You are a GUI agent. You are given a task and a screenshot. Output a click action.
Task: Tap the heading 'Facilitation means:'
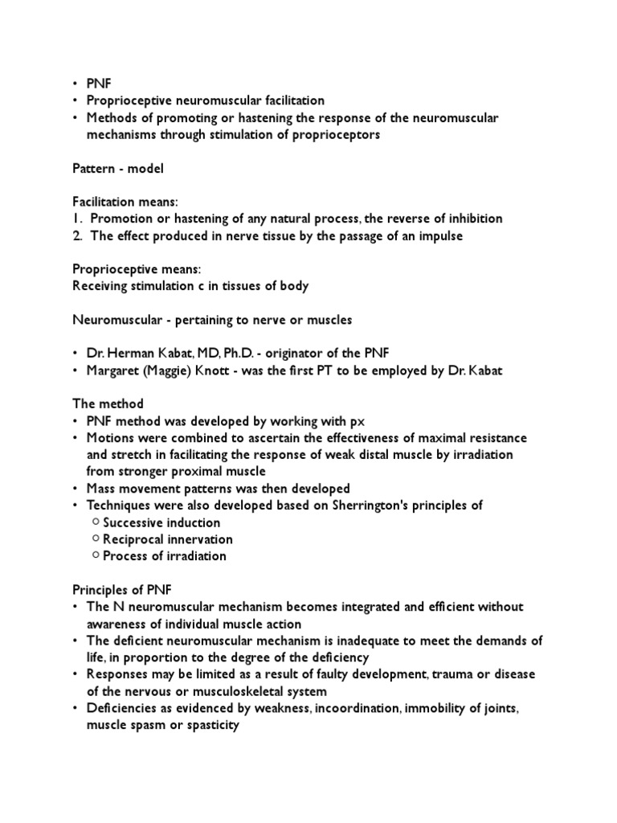coord(125,202)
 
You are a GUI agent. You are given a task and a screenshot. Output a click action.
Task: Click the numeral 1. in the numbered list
coord(79,219)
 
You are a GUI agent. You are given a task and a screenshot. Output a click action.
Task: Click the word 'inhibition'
coord(473,219)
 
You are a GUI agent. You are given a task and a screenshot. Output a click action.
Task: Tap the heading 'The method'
coord(108,404)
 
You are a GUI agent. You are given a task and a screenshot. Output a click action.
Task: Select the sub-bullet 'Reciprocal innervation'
coord(168,539)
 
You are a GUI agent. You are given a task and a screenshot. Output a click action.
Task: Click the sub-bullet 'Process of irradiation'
coord(165,556)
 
